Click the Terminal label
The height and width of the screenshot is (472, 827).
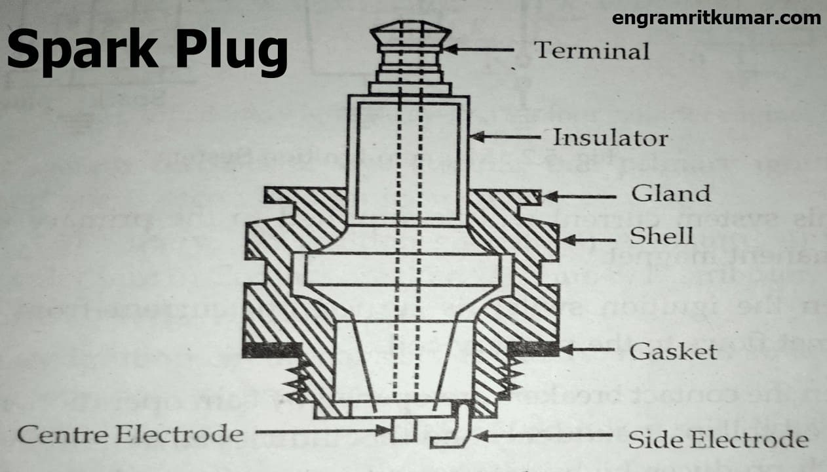pyautogui.click(x=592, y=50)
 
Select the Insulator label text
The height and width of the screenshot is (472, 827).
pyautogui.click(x=609, y=138)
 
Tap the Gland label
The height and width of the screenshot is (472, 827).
pyautogui.click(x=670, y=194)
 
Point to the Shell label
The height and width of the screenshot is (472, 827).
pyautogui.click(x=661, y=235)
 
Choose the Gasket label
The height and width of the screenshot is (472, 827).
pyautogui.click(x=673, y=351)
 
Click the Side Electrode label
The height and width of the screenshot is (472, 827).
pyautogui.click(x=718, y=439)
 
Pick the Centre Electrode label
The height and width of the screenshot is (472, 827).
pyautogui.click(x=130, y=433)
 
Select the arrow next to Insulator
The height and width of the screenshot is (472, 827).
pyautogui.click(x=505, y=137)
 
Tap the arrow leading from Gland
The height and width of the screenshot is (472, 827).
pyautogui.click(x=580, y=195)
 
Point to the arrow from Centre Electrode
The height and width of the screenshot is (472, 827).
pyautogui.click(x=321, y=431)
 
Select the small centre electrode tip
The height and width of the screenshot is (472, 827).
pyautogui.click(x=404, y=430)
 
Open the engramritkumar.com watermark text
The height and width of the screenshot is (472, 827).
pyautogui.click(x=716, y=18)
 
